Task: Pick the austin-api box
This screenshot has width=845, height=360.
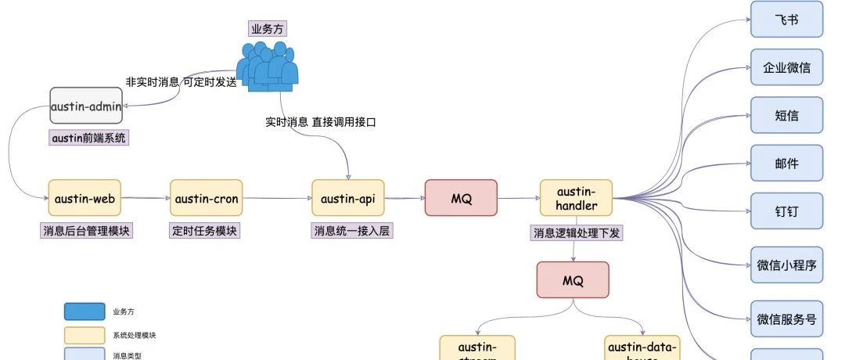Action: click(347, 198)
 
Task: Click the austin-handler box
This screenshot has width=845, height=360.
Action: click(576, 198)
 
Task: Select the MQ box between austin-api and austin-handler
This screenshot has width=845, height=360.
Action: click(461, 198)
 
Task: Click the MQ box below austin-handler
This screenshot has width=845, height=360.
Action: click(573, 279)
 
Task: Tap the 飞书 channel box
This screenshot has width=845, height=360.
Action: click(786, 19)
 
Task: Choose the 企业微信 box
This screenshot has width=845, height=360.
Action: click(786, 67)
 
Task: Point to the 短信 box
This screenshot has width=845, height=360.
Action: click(786, 116)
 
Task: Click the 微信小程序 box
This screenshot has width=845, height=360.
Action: click(786, 265)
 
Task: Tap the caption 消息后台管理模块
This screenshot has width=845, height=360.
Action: click(86, 231)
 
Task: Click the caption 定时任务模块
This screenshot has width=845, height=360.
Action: click(205, 231)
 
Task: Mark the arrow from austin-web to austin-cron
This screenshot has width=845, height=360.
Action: click(146, 198)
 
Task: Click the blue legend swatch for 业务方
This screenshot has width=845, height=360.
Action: click(84, 311)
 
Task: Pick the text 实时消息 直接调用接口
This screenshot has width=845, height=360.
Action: click(322, 121)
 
